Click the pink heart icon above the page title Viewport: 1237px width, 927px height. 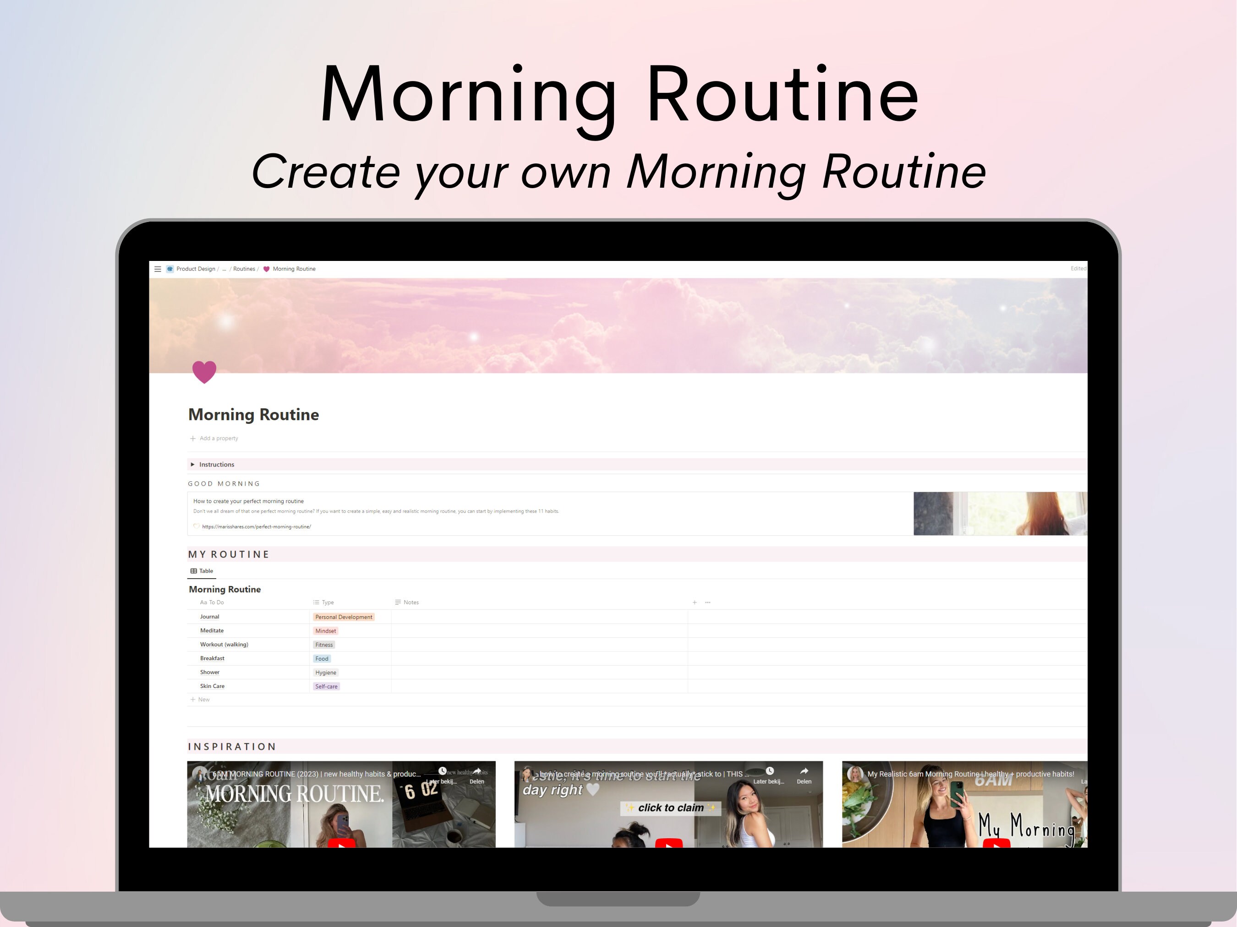(204, 372)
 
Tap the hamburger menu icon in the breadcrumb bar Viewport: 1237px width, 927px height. (158, 269)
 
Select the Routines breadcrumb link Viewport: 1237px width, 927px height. (244, 269)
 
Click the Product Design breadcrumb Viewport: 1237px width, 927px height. (195, 269)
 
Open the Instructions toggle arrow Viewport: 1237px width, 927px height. (192, 464)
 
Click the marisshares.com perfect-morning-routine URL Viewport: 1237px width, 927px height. (256, 526)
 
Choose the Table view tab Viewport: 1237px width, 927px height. (202, 570)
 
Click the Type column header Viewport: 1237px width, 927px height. (327, 602)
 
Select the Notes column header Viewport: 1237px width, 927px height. (411, 602)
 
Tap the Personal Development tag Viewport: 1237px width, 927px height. (343, 617)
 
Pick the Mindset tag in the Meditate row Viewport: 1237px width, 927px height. (325, 631)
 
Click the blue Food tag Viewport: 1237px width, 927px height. (322, 659)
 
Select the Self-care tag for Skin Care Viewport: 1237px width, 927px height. (326, 686)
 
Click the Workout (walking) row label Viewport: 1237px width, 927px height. (224, 644)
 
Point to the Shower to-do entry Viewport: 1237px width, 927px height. (210, 672)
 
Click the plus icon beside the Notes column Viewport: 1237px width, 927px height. (695, 602)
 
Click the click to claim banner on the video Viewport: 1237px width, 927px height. (671, 808)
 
